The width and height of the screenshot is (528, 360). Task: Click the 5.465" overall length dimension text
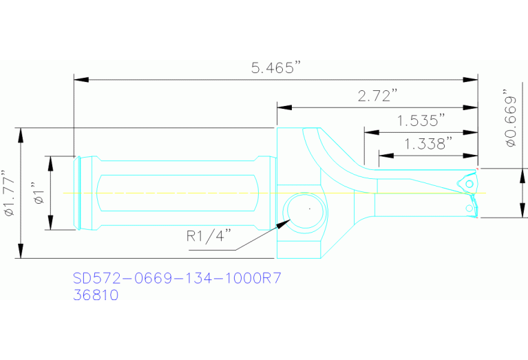click(275, 68)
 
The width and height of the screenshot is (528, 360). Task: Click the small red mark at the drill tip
click(476, 167)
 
